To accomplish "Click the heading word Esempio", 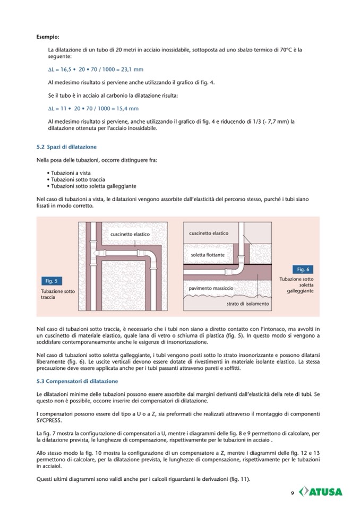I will (48, 37).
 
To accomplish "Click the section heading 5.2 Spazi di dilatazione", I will (66, 146).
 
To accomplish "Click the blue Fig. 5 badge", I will (53, 281).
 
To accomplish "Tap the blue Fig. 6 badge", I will (303, 269).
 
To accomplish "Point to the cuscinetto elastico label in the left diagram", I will (130, 234).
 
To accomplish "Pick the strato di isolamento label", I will (247, 304).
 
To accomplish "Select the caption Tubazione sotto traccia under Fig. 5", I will (57, 295).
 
